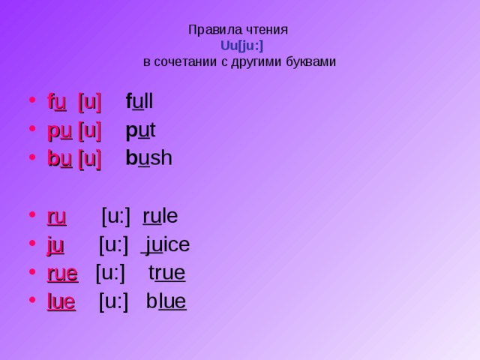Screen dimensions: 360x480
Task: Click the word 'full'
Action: (x=139, y=101)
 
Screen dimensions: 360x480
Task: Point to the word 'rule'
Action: (x=160, y=216)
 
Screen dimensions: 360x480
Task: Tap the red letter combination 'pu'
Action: (x=59, y=130)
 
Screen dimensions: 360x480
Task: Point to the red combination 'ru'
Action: (x=57, y=217)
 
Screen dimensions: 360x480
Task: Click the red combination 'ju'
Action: (x=55, y=245)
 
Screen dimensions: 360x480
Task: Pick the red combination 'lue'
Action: (x=61, y=301)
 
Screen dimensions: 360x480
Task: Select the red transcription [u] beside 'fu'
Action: (x=89, y=101)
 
